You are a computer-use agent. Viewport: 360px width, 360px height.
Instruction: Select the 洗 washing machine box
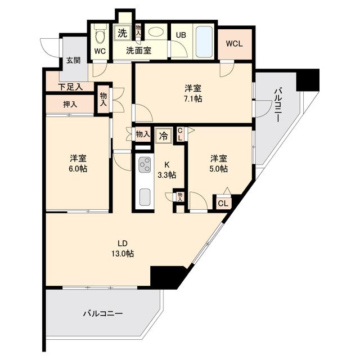[x=122, y=33]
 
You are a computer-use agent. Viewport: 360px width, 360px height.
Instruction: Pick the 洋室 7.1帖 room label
[x=193, y=93]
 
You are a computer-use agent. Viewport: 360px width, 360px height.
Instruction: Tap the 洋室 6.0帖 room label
[x=78, y=163]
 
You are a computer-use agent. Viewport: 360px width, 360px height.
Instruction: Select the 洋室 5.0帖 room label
[x=219, y=163]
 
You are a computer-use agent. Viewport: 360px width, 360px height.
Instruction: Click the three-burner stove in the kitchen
[x=144, y=165]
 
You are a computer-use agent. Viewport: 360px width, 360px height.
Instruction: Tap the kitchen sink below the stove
[x=144, y=197]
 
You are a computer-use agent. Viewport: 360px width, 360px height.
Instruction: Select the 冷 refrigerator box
[x=163, y=135]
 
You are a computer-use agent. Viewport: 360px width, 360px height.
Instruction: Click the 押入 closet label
[x=70, y=104]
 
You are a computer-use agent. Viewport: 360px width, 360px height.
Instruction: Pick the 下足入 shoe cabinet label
[x=71, y=87]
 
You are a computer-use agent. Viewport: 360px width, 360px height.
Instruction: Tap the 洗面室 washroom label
[x=138, y=51]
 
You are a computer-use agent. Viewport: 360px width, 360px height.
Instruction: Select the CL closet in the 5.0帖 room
[x=222, y=204]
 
